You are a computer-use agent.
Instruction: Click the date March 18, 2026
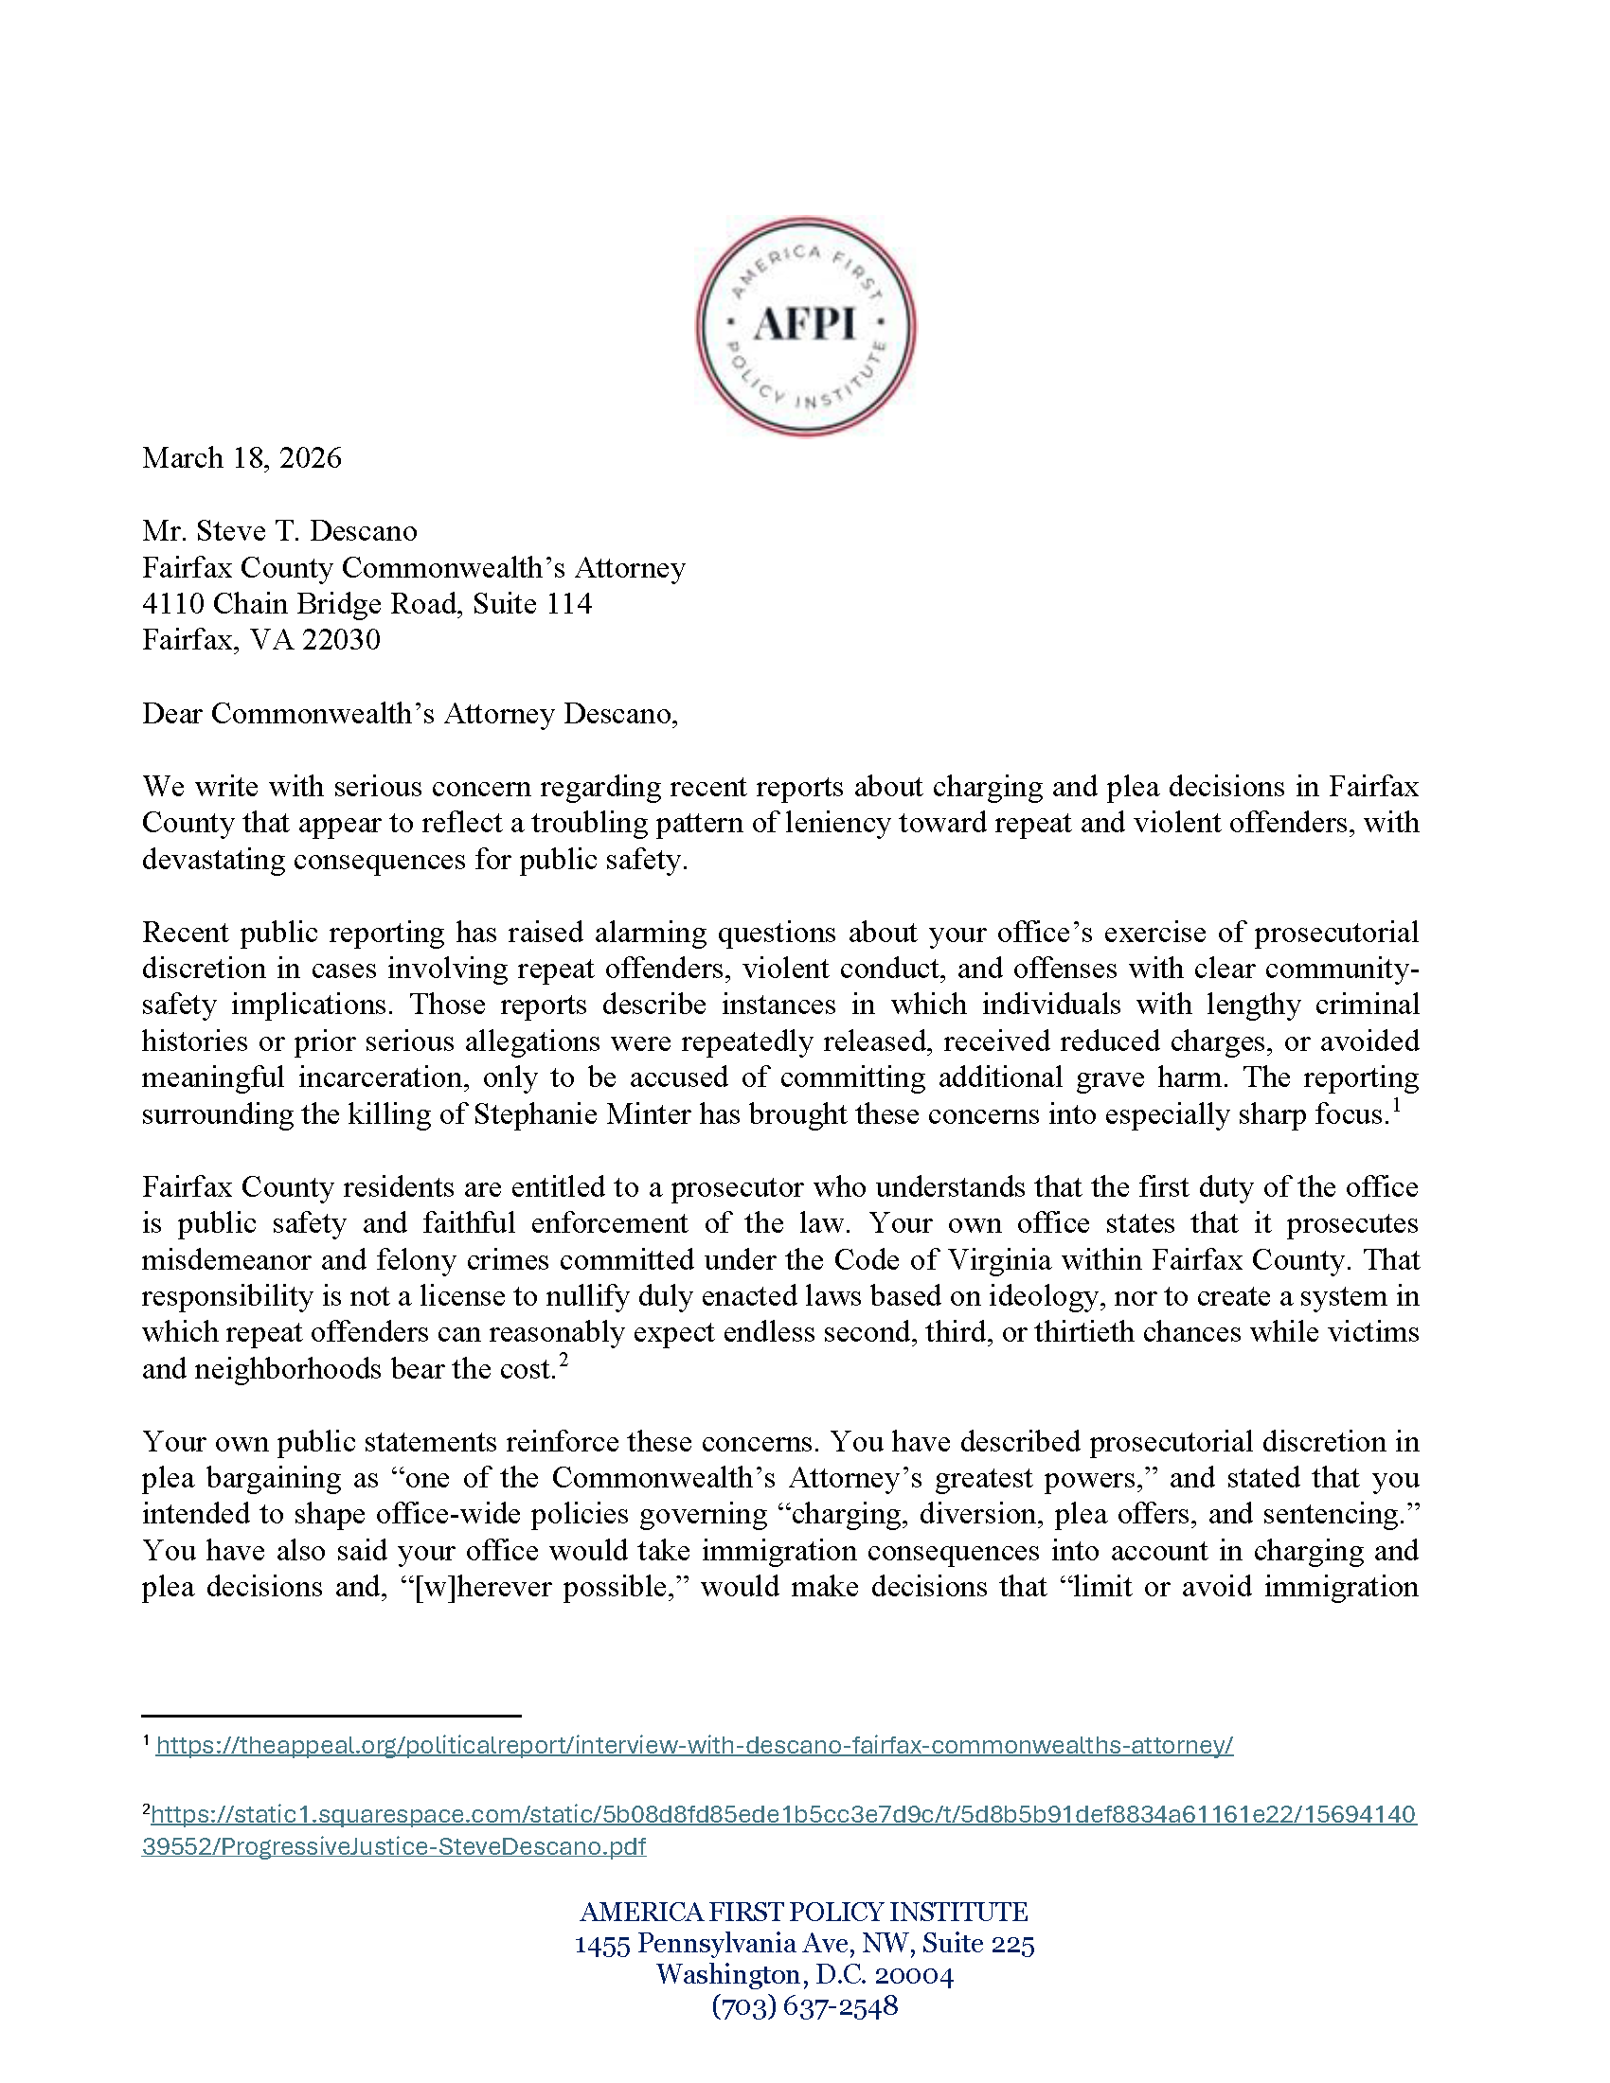pos(241,458)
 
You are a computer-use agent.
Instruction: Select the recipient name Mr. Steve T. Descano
pos(279,530)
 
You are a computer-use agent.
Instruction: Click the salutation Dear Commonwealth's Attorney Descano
pos(409,713)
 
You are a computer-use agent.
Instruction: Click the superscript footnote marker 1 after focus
pos(1395,1105)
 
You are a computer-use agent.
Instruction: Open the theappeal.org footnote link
pos(694,1745)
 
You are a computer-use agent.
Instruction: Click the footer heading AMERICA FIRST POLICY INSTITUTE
pos(804,1912)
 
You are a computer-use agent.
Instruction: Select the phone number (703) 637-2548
pos(804,2005)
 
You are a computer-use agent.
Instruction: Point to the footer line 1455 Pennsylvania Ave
pos(804,1943)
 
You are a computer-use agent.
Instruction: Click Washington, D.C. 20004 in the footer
pos(804,1974)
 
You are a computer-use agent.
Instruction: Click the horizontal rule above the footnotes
pos(331,1716)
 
